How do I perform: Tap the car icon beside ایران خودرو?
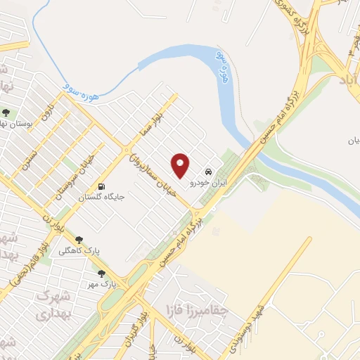(x=208, y=171)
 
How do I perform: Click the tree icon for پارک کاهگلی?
(x=79, y=240)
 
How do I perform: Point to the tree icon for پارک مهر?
(x=102, y=274)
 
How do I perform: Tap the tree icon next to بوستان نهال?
(x=6, y=112)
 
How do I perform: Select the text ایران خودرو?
(x=202, y=182)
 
